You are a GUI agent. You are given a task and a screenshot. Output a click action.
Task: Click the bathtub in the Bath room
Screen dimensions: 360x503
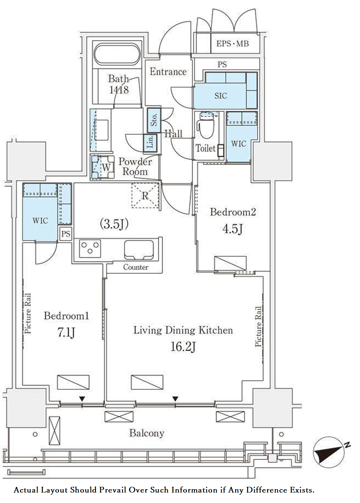(117, 54)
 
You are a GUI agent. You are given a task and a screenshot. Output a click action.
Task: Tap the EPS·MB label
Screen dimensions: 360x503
(232, 43)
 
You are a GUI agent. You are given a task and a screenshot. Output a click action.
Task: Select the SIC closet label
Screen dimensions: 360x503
(221, 96)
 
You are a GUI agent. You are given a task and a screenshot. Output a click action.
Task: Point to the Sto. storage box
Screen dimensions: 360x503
(154, 120)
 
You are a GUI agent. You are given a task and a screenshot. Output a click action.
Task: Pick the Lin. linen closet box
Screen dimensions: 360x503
(150, 143)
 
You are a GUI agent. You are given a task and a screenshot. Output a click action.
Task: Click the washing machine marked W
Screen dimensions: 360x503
(103, 167)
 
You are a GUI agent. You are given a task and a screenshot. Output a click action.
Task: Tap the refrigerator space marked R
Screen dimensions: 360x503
(145, 196)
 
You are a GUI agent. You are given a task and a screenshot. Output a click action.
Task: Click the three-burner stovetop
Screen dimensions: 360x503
(90, 248)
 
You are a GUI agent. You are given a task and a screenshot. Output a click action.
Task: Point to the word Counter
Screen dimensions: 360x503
(136, 267)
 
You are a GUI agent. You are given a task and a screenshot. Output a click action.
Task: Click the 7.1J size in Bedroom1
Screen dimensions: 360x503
(66, 333)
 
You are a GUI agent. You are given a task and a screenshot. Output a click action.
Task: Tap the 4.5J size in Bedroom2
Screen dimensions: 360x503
(232, 229)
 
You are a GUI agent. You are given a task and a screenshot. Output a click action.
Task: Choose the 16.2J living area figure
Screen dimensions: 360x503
(183, 346)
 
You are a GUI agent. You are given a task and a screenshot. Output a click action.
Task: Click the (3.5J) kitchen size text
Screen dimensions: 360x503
(114, 224)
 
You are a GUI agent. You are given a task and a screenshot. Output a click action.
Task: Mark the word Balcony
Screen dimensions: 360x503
(147, 433)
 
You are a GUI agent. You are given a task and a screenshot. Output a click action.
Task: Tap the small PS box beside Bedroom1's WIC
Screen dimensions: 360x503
(66, 234)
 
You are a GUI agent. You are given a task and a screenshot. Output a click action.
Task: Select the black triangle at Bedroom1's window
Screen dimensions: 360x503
(82, 399)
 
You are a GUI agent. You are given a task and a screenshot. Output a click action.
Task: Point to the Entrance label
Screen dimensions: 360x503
(168, 72)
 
